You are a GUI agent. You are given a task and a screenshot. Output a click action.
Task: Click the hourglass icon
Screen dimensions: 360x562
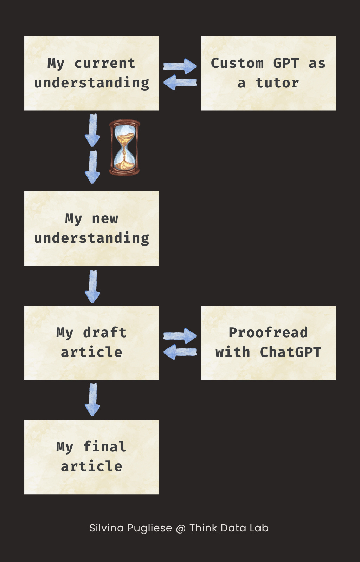click(124, 147)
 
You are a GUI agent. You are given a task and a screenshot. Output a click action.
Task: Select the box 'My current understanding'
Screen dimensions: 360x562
click(91, 73)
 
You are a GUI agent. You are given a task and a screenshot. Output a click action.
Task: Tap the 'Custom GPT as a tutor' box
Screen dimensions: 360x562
click(268, 73)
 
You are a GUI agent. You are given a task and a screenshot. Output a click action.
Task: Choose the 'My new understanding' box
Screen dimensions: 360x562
click(91, 228)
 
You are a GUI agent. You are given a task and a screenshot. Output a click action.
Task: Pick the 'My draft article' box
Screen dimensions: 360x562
click(91, 342)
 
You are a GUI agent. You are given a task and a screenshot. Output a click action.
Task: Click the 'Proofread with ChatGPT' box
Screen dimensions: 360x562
click(268, 342)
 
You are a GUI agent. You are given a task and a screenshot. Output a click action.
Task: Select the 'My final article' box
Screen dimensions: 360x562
click(91, 457)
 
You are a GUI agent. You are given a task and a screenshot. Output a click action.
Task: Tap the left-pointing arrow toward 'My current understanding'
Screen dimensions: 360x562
click(180, 82)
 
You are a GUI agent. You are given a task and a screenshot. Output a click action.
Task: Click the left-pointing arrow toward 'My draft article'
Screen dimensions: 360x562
click(180, 352)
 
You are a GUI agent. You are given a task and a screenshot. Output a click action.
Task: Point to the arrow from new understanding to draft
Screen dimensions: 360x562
click(92, 286)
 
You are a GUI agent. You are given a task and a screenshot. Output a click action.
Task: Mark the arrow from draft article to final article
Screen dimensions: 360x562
click(92, 400)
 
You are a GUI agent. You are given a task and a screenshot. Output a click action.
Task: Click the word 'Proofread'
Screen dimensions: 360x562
click(268, 333)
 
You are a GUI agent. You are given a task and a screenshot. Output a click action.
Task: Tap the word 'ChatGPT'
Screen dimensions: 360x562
click(290, 352)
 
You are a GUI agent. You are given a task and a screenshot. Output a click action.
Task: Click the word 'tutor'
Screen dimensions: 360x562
click(277, 83)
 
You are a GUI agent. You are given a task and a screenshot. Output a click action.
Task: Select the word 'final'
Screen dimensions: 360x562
click(104, 447)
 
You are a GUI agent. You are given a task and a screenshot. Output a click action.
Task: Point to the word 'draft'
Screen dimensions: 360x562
click(104, 333)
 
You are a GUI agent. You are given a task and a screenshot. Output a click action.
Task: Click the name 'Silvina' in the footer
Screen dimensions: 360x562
click(107, 528)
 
